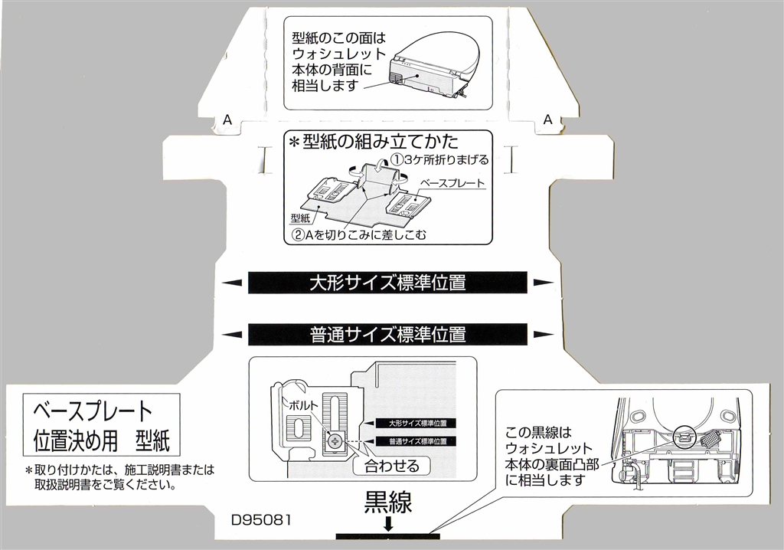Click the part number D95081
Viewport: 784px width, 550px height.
coord(261,519)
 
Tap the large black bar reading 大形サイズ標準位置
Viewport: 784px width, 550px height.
coord(387,283)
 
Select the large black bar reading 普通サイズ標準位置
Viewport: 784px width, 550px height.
coord(387,334)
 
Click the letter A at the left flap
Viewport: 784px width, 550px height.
coord(226,120)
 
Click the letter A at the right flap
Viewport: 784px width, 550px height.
coord(547,119)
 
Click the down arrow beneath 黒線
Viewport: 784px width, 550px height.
coord(388,525)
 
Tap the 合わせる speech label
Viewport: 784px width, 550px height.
coord(392,464)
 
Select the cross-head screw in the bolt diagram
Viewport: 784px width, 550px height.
coord(335,440)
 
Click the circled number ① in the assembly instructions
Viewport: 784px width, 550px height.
coord(397,159)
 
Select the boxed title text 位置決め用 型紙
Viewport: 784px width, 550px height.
coord(102,440)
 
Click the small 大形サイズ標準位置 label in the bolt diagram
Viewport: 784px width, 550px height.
coord(417,422)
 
